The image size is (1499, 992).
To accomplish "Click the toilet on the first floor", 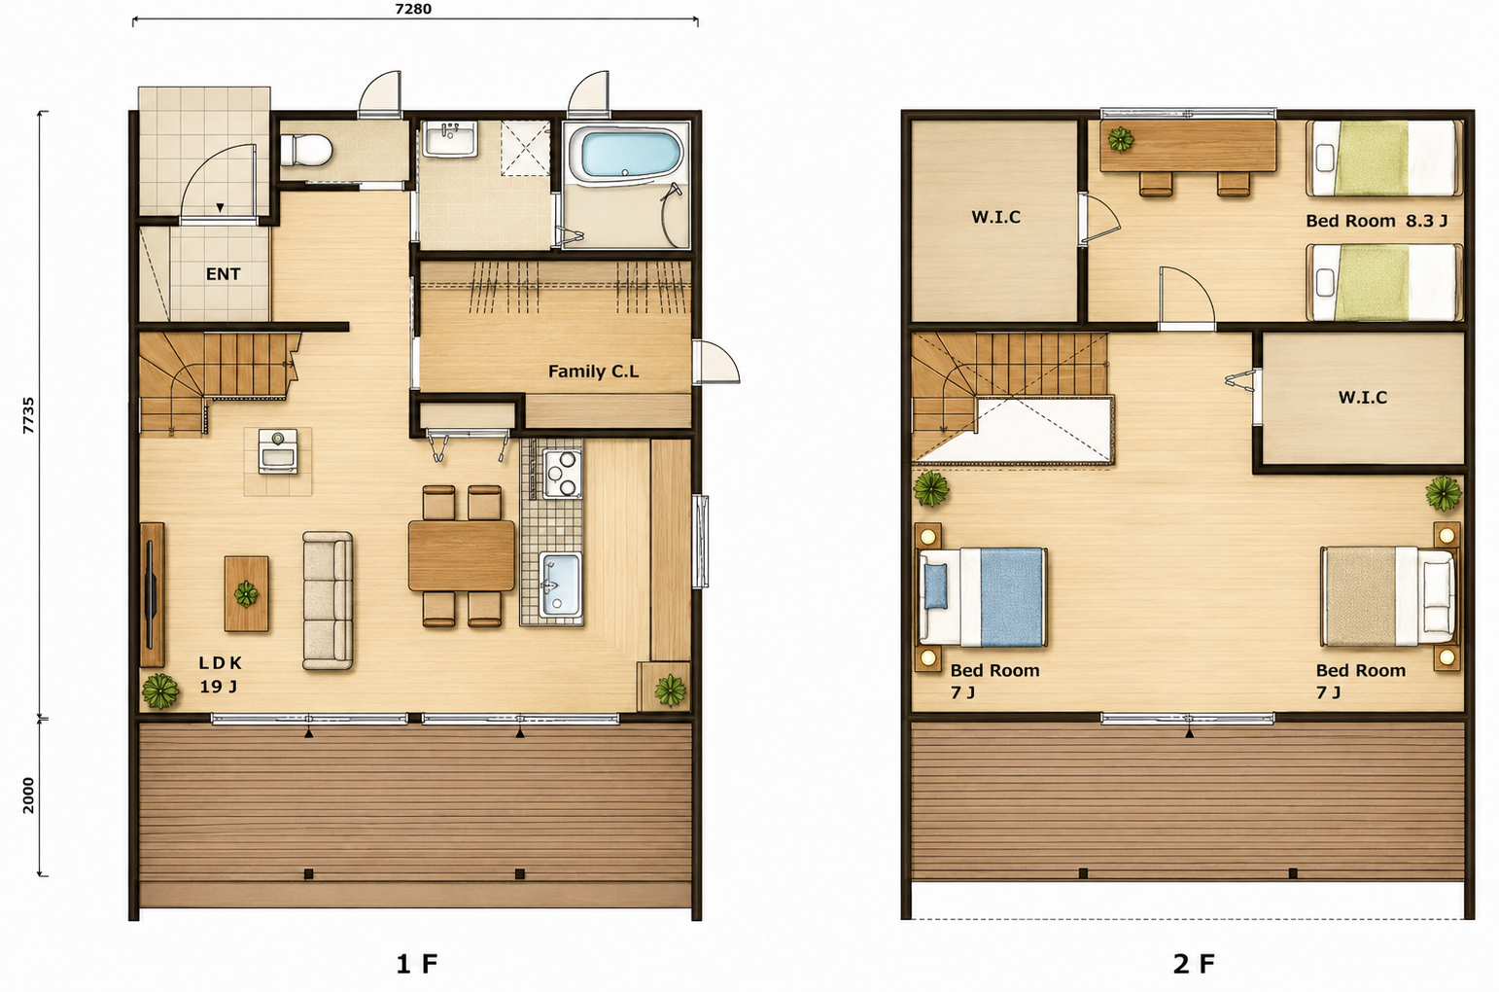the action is [305, 150].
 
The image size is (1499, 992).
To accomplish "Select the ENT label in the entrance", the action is [223, 273].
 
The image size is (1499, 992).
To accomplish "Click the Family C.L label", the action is [594, 372].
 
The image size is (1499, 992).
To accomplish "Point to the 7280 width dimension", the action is [413, 9].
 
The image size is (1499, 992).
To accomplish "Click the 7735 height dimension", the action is [28, 415].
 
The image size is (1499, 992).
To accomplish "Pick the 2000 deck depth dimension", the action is [28, 796].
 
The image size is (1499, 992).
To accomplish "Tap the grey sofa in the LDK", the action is [328, 600].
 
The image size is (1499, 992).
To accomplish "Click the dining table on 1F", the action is [462, 555].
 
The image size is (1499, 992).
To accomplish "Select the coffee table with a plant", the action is [246, 593].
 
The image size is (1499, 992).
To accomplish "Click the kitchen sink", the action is [560, 585].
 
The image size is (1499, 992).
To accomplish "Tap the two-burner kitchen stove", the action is [561, 474].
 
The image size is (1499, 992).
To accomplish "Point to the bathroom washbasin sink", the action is [450, 139].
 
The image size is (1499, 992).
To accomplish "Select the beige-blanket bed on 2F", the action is [1389, 597].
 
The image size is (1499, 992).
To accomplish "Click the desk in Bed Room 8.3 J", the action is [1189, 146].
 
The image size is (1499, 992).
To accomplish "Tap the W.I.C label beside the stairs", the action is [1363, 398].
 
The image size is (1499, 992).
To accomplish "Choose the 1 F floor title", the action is [417, 964].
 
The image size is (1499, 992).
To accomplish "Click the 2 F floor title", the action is [1194, 964].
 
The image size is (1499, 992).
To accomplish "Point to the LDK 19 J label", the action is [220, 675].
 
